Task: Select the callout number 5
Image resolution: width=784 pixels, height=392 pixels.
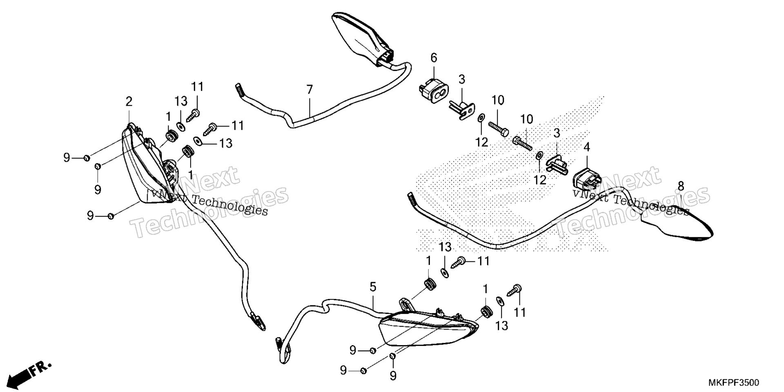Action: (x=373, y=287)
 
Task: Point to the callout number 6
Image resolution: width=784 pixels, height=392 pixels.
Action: (x=434, y=58)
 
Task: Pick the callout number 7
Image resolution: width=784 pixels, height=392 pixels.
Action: (x=310, y=89)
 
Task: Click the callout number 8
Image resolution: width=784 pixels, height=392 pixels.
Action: (x=681, y=186)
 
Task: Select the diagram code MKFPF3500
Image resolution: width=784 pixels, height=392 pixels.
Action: (x=733, y=383)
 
